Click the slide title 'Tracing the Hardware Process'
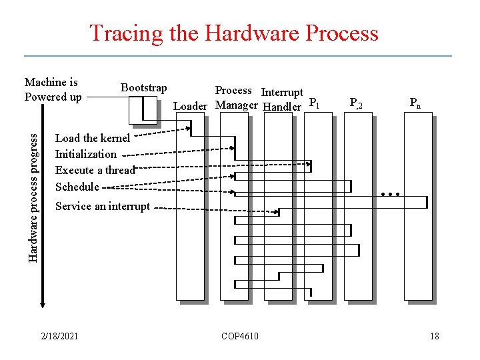click(234, 33)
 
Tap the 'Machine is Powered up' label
click(53, 89)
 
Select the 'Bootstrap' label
click(143, 87)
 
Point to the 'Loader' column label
click(190, 106)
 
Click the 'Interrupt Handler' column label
click(282, 99)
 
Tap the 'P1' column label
click(315, 103)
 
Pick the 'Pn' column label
click(415, 103)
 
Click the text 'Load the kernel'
click(93, 138)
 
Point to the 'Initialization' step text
click(85, 154)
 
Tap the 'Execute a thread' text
click(95, 170)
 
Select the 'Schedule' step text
click(77, 187)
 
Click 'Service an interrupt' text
click(103, 206)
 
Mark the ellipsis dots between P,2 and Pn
click(389, 195)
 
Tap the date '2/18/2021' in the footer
click(59, 336)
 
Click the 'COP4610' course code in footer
click(240, 336)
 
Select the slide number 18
click(434, 336)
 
